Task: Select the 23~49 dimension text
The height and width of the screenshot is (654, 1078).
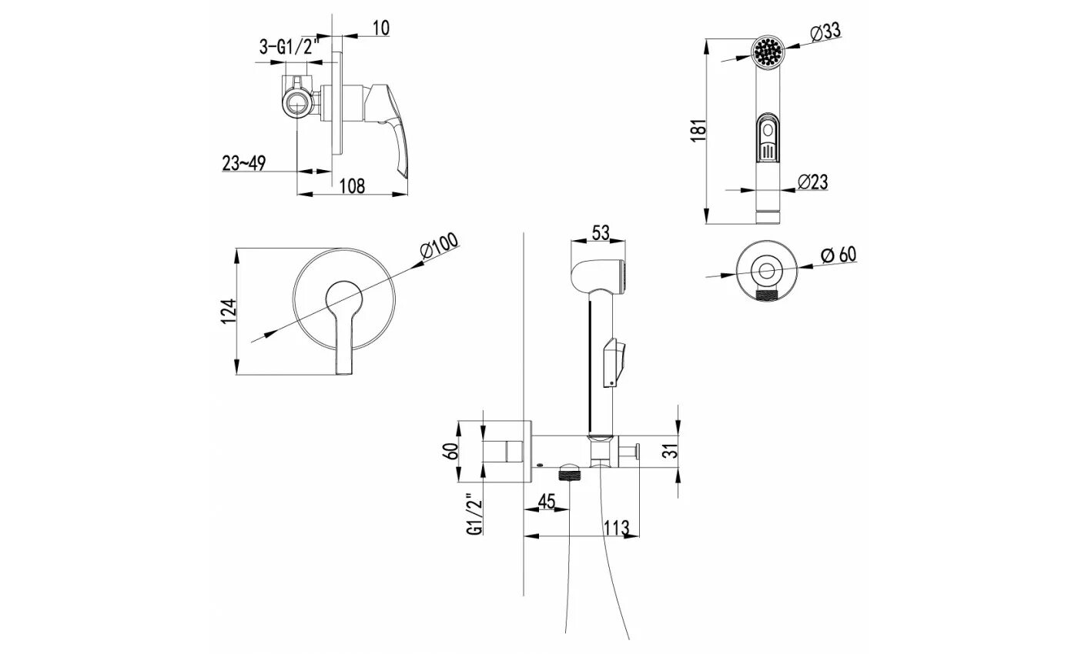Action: pyautogui.click(x=244, y=163)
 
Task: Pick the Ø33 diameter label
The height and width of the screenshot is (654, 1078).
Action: pyautogui.click(x=825, y=32)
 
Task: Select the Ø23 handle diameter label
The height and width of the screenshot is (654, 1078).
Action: pyautogui.click(x=813, y=182)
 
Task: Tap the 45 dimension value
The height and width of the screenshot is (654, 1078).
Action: pyautogui.click(x=546, y=502)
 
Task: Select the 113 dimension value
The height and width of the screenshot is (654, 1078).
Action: pyautogui.click(x=617, y=528)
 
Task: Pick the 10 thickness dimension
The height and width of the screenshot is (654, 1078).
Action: pyautogui.click(x=380, y=28)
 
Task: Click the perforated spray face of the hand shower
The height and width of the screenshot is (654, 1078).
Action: pyautogui.click(x=767, y=52)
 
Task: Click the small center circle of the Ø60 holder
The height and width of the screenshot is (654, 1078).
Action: pyautogui.click(x=767, y=271)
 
